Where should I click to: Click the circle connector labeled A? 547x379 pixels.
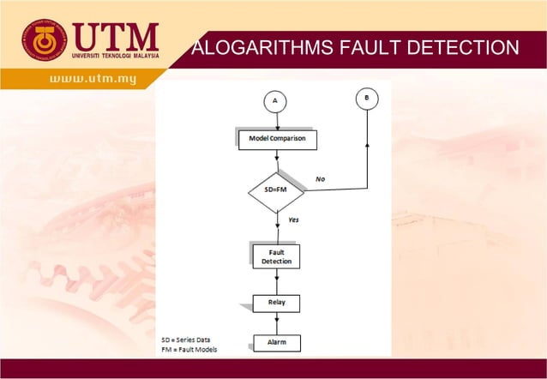[x=275, y=101]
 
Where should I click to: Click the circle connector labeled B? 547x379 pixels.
[x=367, y=99]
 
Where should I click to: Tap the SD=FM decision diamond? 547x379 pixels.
[x=276, y=191]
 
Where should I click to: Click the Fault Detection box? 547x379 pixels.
[x=277, y=256]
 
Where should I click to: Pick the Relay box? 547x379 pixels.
[x=276, y=303]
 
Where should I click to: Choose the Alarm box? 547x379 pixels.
[x=277, y=343]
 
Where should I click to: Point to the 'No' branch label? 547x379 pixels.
[x=320, y=178]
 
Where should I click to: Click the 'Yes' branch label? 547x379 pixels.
[x=293, y=220]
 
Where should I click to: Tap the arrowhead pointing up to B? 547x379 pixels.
[x=367, y=145]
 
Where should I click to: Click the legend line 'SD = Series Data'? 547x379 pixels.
[x=190, y=340]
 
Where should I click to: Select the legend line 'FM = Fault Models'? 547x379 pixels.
[x=189, y=350]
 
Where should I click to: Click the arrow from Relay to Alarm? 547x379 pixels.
[x=277, y=323]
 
